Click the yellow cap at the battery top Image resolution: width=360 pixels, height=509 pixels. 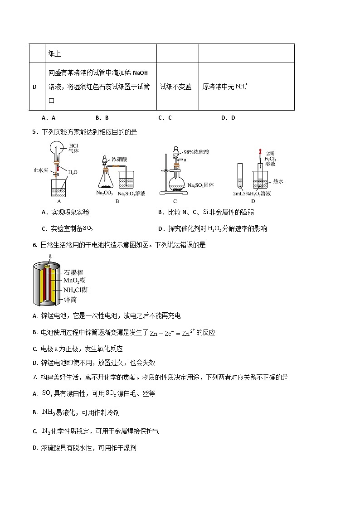(x=50, y=262)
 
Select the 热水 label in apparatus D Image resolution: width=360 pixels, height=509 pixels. (x=278, y=181)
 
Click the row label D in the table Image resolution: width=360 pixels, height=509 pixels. (x=34, y=87)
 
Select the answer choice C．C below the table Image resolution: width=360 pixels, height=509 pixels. (x=165, y=118)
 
